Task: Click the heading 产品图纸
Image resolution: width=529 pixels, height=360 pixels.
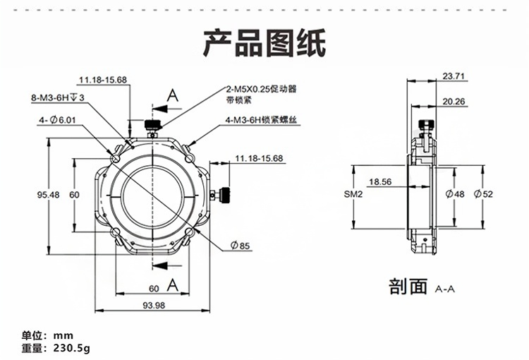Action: click(x=264, y=43)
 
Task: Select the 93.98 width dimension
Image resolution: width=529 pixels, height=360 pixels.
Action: click(x=153, y=305)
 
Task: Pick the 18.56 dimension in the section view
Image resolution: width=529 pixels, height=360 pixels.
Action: click(x=379, y=181)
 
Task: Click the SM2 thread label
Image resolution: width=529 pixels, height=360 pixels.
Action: click(x=353, y=193)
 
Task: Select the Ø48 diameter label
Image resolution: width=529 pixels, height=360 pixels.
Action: click(x=455, y=194)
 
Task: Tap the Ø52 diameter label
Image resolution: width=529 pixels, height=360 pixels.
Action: click(x=483, y=194)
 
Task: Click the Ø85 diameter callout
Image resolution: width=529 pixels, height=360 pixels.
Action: click(x=240, y=246)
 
